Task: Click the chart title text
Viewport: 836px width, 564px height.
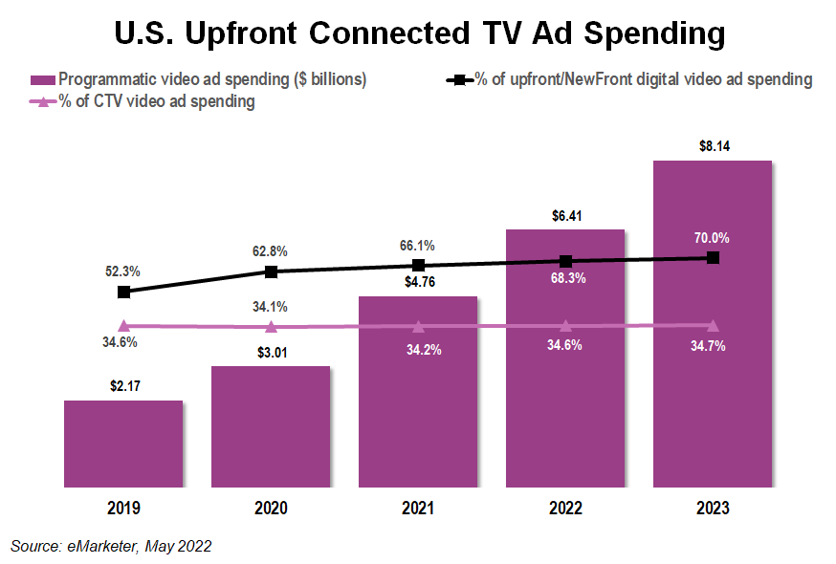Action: tap(418, 33)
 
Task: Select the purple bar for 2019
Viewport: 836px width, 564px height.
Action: tap(123, 444)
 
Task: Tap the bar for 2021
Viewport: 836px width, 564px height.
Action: tap(418, 392)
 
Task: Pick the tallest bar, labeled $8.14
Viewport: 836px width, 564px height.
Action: tap(713, 325)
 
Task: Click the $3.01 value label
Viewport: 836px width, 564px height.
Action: tap(271, 353)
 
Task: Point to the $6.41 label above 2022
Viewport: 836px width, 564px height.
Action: tap(565, 216)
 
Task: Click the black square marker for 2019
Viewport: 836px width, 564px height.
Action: tap(123, 292)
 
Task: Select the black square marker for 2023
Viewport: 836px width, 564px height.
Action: tap(713, 258)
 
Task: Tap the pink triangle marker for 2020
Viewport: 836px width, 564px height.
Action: tap(271, 327)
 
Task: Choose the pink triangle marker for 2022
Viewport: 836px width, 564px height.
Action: tap(565, 326)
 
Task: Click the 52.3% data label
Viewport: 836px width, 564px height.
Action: tap(123, 271)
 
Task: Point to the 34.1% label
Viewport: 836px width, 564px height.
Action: tap(271, 307)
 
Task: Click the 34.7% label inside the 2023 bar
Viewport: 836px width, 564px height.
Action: tap(713, 346)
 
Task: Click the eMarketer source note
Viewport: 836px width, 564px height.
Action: tap(111, 546)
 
